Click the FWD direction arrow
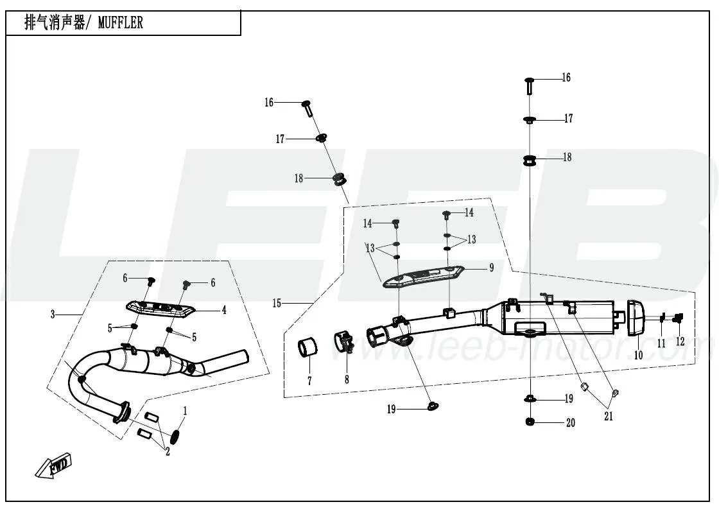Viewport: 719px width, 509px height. pos(55,467)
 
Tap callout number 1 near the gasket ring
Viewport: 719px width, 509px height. pos(186,410)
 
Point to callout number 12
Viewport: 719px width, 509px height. pos(680,341)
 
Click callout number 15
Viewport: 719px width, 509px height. pos(277,303)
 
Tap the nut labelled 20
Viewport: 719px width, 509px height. pos(530,421)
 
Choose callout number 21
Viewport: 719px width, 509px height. pos(608,416)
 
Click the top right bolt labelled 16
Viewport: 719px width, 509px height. pos(529,84)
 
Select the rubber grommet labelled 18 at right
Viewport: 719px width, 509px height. pos(530,160)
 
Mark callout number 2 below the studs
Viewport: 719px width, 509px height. pos(167,452)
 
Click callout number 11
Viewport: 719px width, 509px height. pos(661,343)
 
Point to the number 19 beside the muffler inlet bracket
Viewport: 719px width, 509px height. pos(391,409)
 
